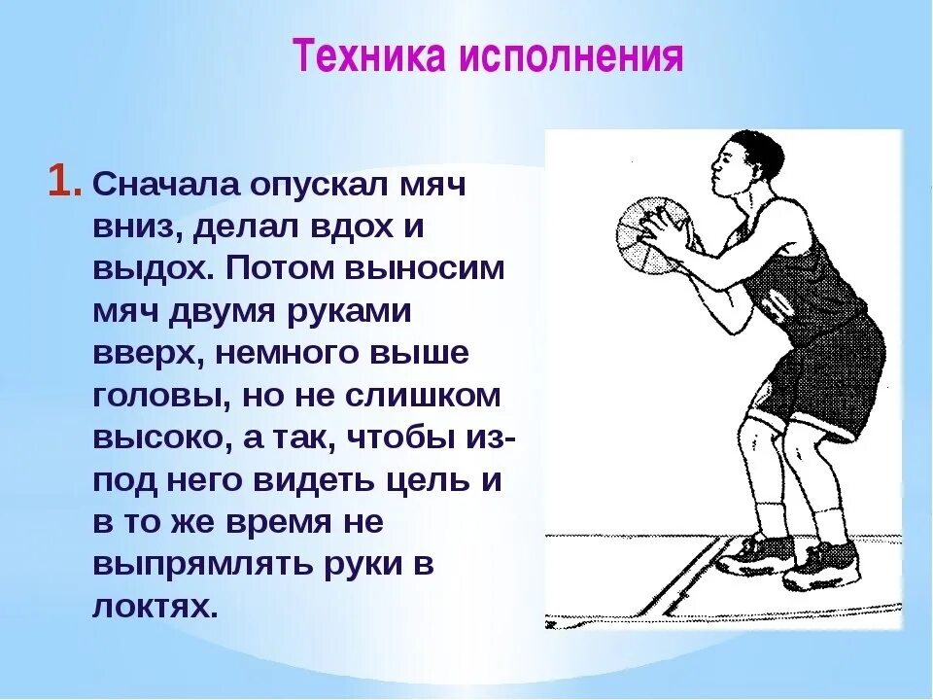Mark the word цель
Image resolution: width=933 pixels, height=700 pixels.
pyautogui.click(x=430, y=479)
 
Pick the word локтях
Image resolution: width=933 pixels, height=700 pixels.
pyautogui.click(x=153, y=606)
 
